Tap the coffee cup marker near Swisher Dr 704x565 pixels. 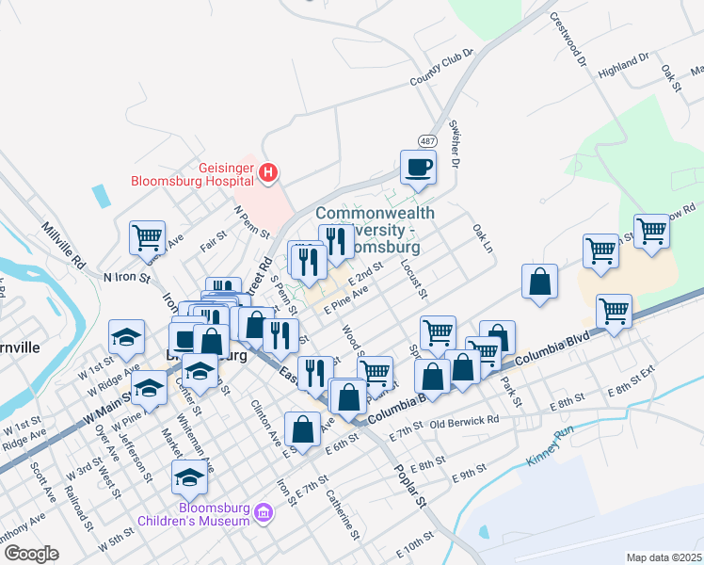[418, 168]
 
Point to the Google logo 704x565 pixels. [32, 553]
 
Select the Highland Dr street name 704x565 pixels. [623, 64]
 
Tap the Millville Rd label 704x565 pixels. [63, 243]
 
